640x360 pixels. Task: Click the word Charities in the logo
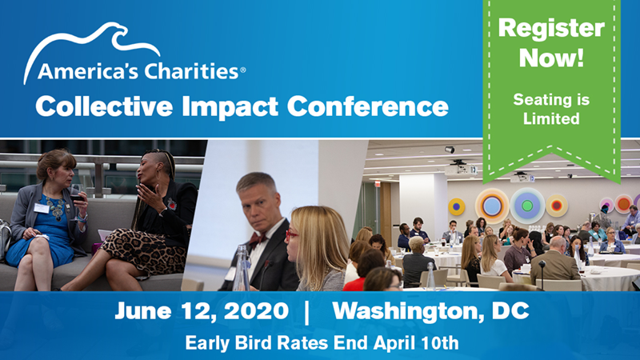tap(191, 70)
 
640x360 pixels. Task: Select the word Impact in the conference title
tap(230, 106)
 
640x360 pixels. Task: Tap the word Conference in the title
tap(367, 106)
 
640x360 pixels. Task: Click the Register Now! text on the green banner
tap(551, 42)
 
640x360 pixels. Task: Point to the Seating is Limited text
tap(551, 109)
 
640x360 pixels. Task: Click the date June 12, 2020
tap(202, 311)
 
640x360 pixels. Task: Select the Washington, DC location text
tap(430, 311)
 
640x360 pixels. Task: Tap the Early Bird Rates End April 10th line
tap(322, 342)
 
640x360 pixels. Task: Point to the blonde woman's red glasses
tap(291, 235)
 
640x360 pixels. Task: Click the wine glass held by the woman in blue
tap(76, 197)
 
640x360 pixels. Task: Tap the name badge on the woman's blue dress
tap(42, 208)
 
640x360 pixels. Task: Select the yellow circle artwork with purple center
tap(456, 206)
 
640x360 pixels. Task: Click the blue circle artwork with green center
tap(527, 206)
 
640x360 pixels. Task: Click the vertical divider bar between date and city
tap(307, 312)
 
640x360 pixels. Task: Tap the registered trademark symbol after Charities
tap(243, 70)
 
